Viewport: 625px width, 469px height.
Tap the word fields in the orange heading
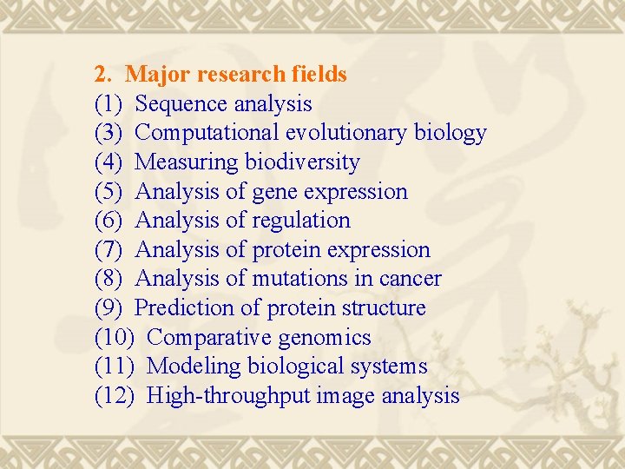(316, 75)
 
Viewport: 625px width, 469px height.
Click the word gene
(274, 191)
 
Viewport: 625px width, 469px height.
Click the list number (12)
(115, 396)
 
